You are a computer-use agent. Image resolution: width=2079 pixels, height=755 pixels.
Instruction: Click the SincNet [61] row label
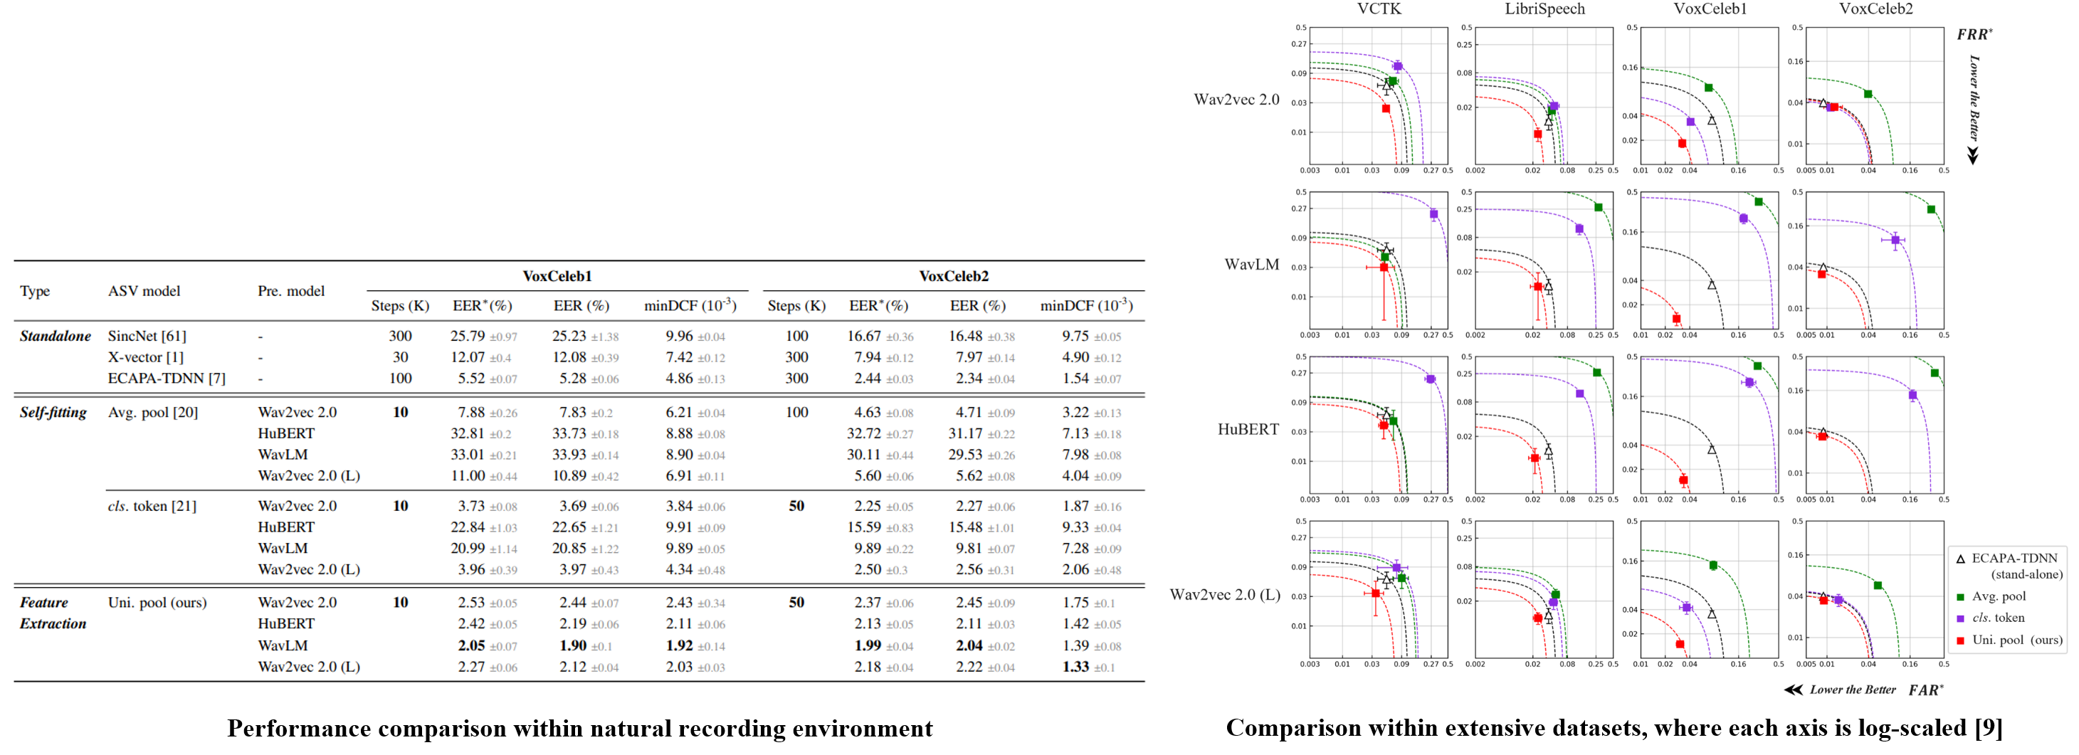coord(147,337)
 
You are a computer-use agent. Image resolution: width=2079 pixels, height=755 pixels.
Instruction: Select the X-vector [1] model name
coord(145,357)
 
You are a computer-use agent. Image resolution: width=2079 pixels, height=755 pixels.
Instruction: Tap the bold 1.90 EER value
coord(573,645)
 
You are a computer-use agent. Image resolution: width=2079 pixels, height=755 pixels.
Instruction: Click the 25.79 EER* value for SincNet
coord(468,337)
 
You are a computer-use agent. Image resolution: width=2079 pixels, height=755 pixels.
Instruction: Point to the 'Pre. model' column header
coord(291,291)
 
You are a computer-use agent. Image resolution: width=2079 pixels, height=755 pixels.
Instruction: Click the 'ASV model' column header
coord(144,291)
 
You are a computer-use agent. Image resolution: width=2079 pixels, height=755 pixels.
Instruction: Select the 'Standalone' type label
coord(55,337)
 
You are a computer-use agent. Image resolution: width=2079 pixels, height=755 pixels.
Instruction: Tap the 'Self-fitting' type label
coord(53,412)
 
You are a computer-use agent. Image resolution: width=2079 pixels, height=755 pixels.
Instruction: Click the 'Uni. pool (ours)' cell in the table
coord(157,603)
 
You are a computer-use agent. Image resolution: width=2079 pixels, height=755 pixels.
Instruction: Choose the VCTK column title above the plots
coord(1379,9)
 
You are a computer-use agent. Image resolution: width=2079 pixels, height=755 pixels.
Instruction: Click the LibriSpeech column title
coord(1544,9)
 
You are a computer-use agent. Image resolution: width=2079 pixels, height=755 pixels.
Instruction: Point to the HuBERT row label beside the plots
coord(1248,429)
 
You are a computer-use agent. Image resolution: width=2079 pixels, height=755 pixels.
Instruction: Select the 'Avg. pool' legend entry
coord(1999,597)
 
